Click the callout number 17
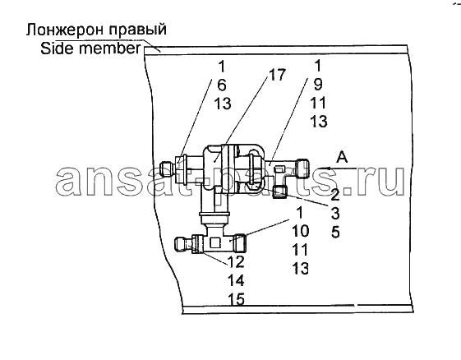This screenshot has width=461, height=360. point(277,75)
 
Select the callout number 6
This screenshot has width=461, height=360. point(222,85)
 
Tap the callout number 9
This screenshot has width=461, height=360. point(318,84)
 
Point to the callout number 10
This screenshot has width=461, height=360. point(301,231)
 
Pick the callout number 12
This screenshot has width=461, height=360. point(236,261)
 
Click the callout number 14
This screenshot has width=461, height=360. point(236,280)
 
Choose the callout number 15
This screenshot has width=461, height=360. point(236,299)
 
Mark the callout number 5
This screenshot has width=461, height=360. point(335,232)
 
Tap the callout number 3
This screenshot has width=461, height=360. point(335,214)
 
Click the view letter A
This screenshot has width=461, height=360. point(342,157)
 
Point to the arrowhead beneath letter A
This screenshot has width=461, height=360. point(323,168)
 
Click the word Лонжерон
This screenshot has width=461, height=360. point(66,30)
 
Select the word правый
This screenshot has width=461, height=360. point(137,30)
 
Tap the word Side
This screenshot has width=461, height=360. point(58,48)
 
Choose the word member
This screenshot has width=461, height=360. point(110,48)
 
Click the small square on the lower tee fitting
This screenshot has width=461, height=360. point(216,243)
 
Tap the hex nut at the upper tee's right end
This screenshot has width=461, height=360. point(302,168)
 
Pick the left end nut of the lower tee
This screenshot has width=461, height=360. point(181,244)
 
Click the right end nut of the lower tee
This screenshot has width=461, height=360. point(241,243)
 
